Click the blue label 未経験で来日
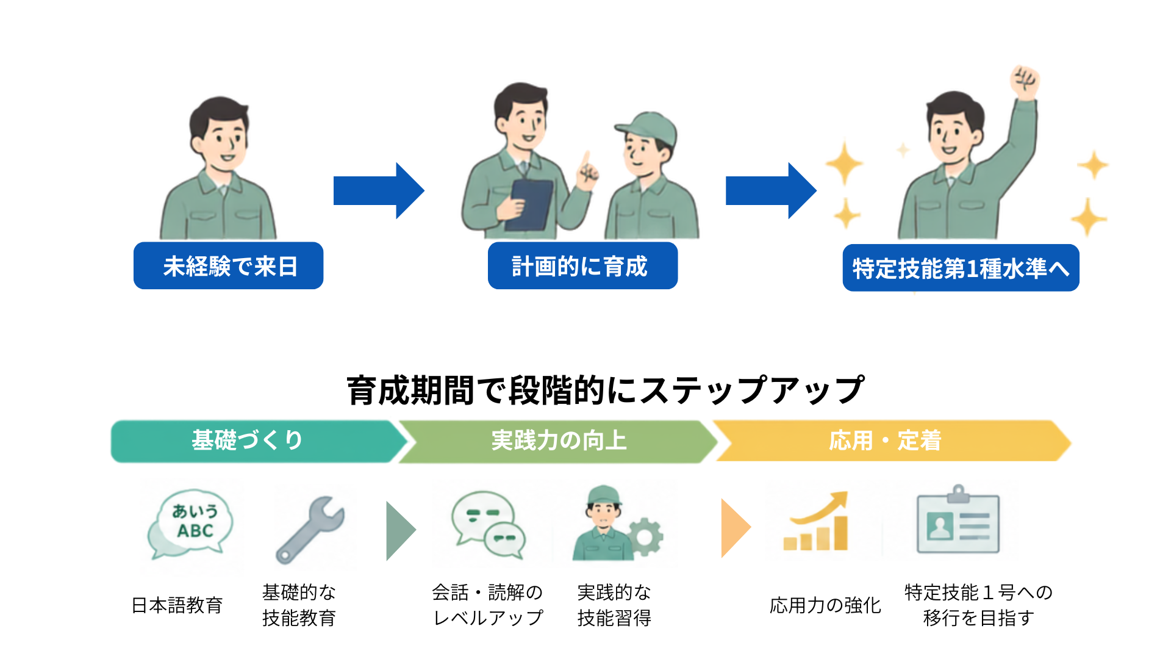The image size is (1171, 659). [x=228, y=265]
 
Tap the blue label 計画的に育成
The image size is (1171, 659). [x=582, y=265]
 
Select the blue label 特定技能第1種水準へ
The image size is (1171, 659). [x=961, y=268]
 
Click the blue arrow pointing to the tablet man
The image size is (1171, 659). [x=379, y=190]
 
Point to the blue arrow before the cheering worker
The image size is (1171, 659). [x=771, y=190]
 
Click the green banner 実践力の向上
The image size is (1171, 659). [x=559, y=441]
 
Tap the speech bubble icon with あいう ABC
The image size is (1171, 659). [x=191, y=524]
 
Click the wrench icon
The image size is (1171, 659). [x=310, y=529]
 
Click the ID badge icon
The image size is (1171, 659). [x=958, y=520]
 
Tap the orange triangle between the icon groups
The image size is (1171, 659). [x=736, y=528]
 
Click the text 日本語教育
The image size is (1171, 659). [x=177, y=605]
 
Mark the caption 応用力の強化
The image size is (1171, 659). [x=825, y=605]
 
